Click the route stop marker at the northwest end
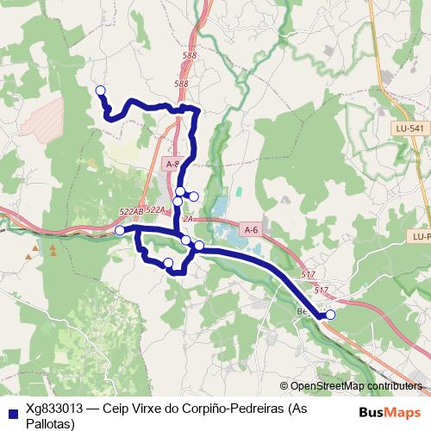click(x=100, y=91)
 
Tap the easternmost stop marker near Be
click(x=330, y=314)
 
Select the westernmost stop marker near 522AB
click(x=120, y=230)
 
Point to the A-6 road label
click(x=251, y=229)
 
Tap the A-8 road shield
click(x=170, y=161)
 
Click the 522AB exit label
click(x=131, y=211)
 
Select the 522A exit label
click(x=155, y=209)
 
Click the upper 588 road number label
click(x=190, y=55)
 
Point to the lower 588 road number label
click(x=181, y=84)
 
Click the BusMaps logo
click(x=389, y=411)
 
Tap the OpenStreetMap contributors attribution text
click(x=355, y=385)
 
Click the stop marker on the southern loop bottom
click(x=168, y=263)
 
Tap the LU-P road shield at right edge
click(x=420, y=234)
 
